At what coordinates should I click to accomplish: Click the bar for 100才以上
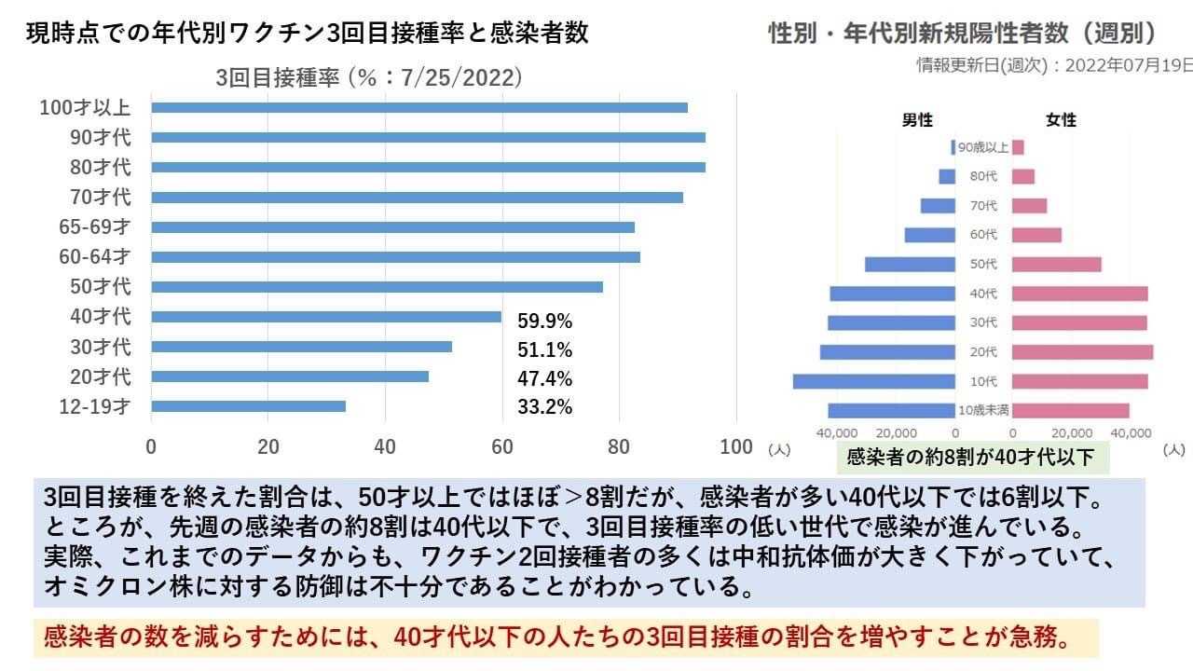click(x=419, y=107)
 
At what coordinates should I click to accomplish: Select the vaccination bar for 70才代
click(x=417, y=198)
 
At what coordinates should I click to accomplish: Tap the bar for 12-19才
click(x=248, y=406)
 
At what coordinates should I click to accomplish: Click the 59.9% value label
click(x=544, y=322)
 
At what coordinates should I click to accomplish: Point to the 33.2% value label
click(x=544, y=407)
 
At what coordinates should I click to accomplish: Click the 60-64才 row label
click(x=96, y=256)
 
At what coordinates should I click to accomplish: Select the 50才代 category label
click(x=101, y=286)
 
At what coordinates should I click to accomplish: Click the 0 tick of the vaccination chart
click(x=151, y=446)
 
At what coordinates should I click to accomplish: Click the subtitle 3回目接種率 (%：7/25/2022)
click(x=368, y=77)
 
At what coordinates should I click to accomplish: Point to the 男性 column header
click(x=917, y=120)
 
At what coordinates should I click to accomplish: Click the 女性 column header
click(x=1061, y=120)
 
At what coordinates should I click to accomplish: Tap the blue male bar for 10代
click(x=873, y=381)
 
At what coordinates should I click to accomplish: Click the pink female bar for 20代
click(x=1082, y=352)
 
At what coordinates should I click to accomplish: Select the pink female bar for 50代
click(x=1056, y=265)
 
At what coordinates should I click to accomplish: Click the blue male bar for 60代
click(x=929, y=235)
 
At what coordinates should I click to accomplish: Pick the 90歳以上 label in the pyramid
click(x=983, y=147)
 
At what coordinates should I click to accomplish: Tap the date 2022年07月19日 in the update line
click(x=1128, y=64)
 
